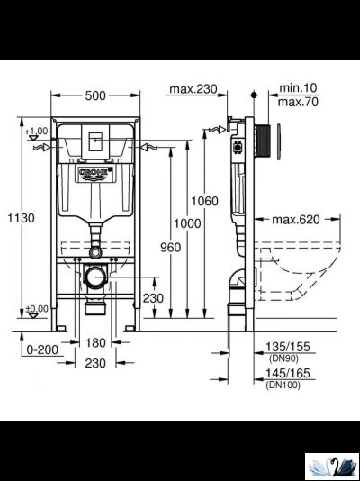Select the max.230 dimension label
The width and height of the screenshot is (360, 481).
pyautogui.click(x=193, y=88)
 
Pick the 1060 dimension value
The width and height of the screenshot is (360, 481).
pyautogui.click(x=207, y=201)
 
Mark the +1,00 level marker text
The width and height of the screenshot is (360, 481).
pyautogui.click(x=36, y=131)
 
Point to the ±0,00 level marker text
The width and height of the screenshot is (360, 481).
pyautogui.click(x=36, y=309)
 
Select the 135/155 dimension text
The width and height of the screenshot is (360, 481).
pyautogui.click(x=286, y=344)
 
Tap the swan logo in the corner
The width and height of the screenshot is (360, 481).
pyautogui.click(x=330, y=465)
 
